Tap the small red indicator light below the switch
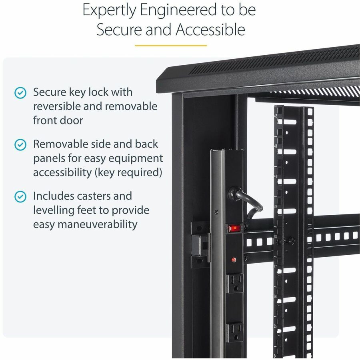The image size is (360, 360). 233,259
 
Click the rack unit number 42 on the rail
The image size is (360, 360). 276,116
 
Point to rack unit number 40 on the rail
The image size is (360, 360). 276,176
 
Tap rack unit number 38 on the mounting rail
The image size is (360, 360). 276,236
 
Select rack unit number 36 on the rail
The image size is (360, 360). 276,296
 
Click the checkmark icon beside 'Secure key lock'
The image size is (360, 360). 20,93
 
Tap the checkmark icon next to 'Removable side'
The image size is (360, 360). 20,144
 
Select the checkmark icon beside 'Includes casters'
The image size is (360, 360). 20,196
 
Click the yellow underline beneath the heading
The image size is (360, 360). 171,45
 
